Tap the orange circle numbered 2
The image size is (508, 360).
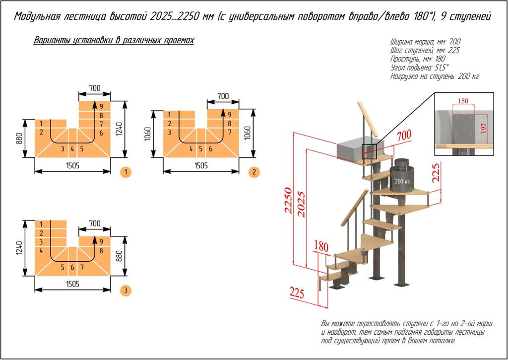254,172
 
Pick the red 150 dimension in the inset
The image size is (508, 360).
463,101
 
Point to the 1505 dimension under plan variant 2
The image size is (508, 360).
201,165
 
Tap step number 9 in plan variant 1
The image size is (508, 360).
101,106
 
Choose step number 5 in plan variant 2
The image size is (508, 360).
201,148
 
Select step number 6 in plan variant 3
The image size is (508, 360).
72,268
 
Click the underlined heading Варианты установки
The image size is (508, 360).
114,40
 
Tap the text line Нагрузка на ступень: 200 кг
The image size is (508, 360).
435,76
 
